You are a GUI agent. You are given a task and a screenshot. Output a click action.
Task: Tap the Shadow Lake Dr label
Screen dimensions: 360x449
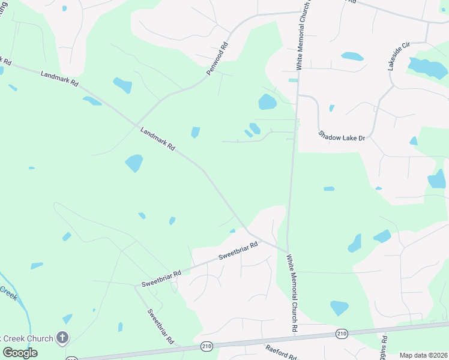[x=342, y=137]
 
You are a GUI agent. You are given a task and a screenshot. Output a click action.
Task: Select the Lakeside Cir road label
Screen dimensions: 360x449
[x=398, y=56]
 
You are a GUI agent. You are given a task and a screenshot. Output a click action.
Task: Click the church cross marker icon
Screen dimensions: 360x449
[x=62, y=338]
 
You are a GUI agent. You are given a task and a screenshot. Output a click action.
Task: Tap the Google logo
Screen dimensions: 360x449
[x=20, y=352]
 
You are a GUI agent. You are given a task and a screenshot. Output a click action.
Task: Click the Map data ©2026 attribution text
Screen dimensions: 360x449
[x=423, y=355]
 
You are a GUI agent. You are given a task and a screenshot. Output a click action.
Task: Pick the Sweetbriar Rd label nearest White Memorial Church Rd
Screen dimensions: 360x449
[x=238, y=250]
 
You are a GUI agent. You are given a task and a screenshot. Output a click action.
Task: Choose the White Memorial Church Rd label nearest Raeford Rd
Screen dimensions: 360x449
[x=292, y=293]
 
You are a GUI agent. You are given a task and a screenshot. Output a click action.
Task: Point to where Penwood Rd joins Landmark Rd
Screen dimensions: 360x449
[x=133, y=121]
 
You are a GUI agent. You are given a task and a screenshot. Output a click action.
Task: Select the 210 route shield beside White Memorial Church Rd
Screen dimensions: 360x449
[x=342, y=334]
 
